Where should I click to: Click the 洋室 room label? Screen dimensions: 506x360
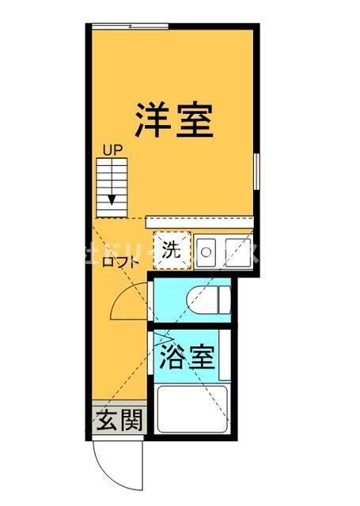(x=172, y=120)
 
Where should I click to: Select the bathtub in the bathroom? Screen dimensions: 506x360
(x=192, y=410)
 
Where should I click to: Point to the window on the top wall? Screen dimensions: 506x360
(x=131, y=28)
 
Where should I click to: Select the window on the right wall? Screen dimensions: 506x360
(x=256, y=170)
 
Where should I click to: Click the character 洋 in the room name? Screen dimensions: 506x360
(x=150, y=120)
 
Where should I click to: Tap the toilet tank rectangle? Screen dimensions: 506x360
(x=224, y=300)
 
